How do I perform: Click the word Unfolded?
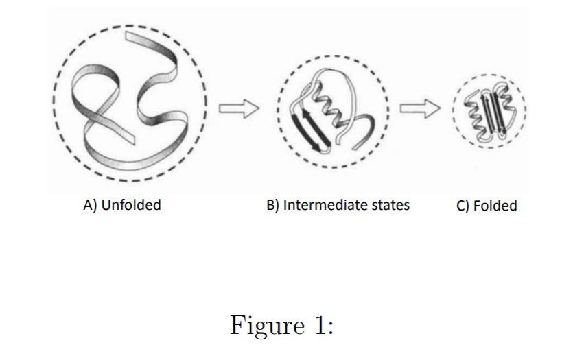[x=131, y=205]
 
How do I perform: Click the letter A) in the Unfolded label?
[x=90, y=205]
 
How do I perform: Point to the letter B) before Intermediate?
[x=272, y=205]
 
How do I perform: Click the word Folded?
[x=495, y=206]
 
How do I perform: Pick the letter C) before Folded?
[x=463, y=206]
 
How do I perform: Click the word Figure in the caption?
[x=267, y=324]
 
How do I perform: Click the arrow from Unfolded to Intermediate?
[x=239, y=108]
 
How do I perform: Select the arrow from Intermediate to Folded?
[x=420, y=108]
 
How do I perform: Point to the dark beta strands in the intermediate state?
[x=312, y=132]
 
